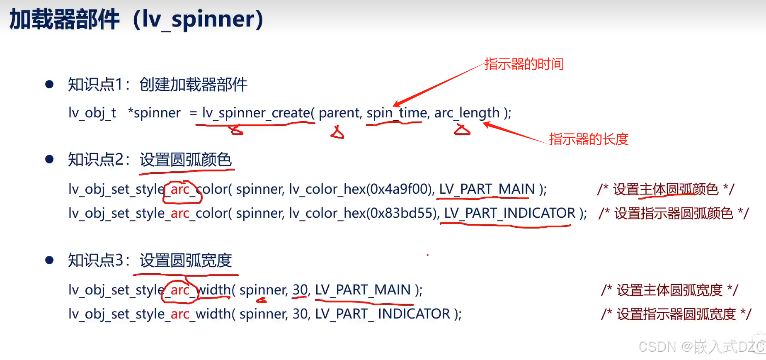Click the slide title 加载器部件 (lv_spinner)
pyautogui.click(x=136, y=19)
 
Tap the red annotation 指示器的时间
pyautogui.click(x=524, y=64)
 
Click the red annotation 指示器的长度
pyautogui.click(x=589, y=139)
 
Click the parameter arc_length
pyautogui.click(x=467, y=113)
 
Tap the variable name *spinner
pyautogui.click(x=154, y=113)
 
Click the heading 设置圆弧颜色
pyautogui.click(x=185, y=160)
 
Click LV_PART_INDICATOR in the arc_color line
pyautogui.click(x=509, y=213)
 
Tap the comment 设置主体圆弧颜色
pyautogui.click(x=665, y=190)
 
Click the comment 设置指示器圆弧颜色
pyautogui.click(x=674, y=214)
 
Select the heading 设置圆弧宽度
pyautogui.click(x=185, y=260)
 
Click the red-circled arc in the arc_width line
pyautogui.click(x=180, y=290)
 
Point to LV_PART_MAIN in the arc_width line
pyautogui.click(x=363, y=290)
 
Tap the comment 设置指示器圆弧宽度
pyautogui.click(x=676, y=314)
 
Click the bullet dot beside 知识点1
pyautogui.click(x=49, y=85)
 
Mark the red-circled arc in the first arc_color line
pyautogui.click(x=180, y=190)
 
